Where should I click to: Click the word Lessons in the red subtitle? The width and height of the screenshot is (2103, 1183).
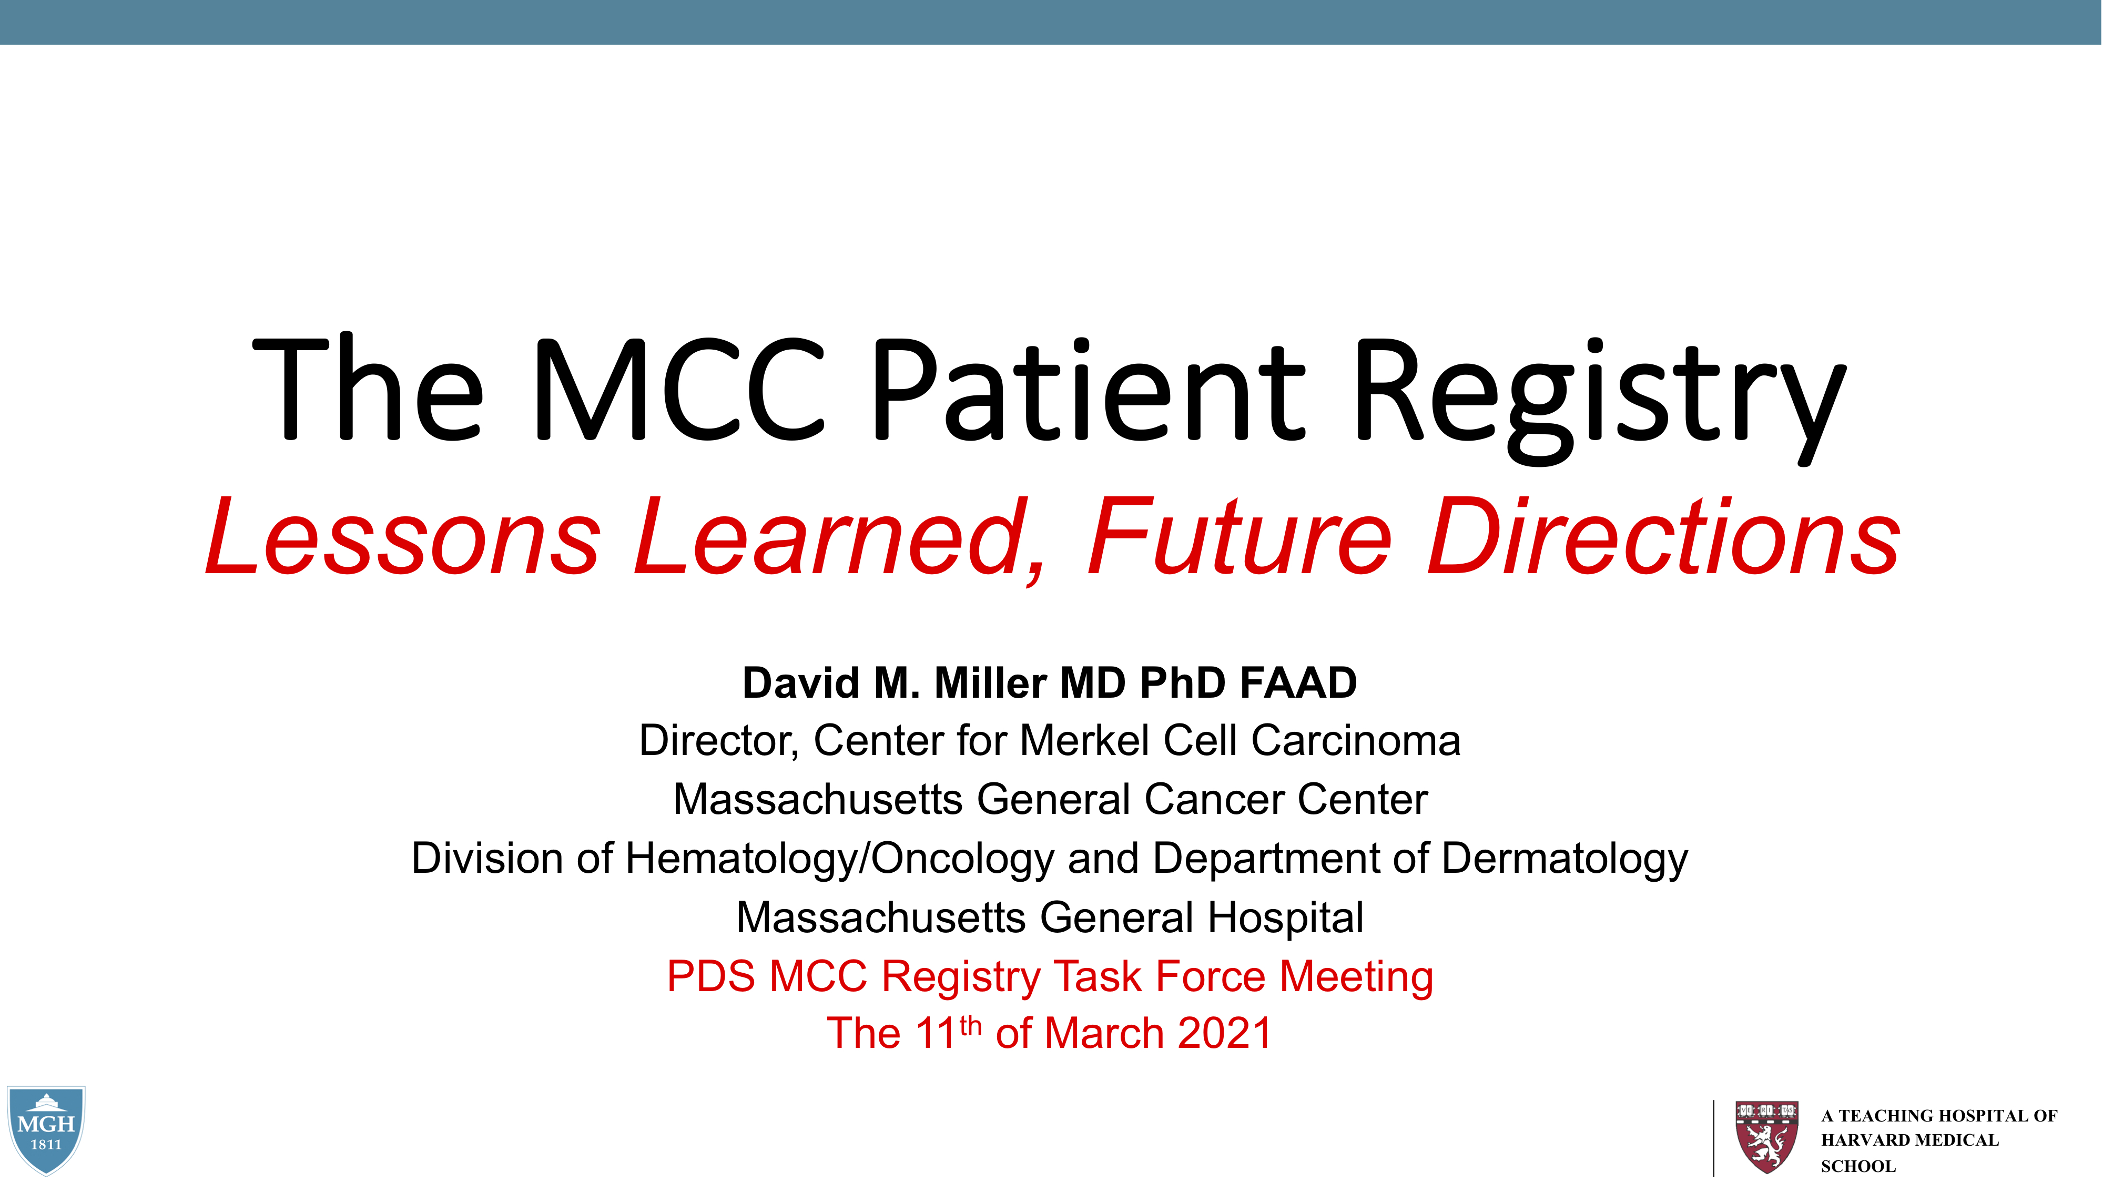(x=403, y=536)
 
